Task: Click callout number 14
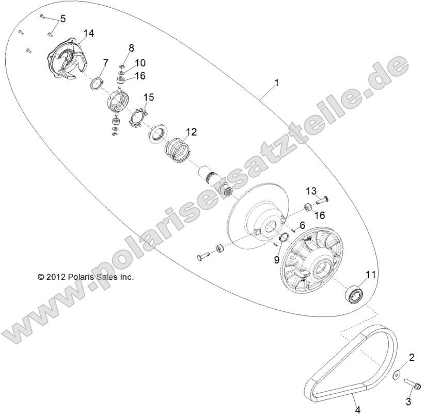pos(88,34)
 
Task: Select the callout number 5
pos(63,19)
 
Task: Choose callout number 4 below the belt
pos(356,410)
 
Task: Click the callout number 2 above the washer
pos(412,357)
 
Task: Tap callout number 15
pos(149,97)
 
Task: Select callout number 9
pos(276,260)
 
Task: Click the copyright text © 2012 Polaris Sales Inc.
pos(86,277)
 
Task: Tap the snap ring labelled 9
pos(282,237)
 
